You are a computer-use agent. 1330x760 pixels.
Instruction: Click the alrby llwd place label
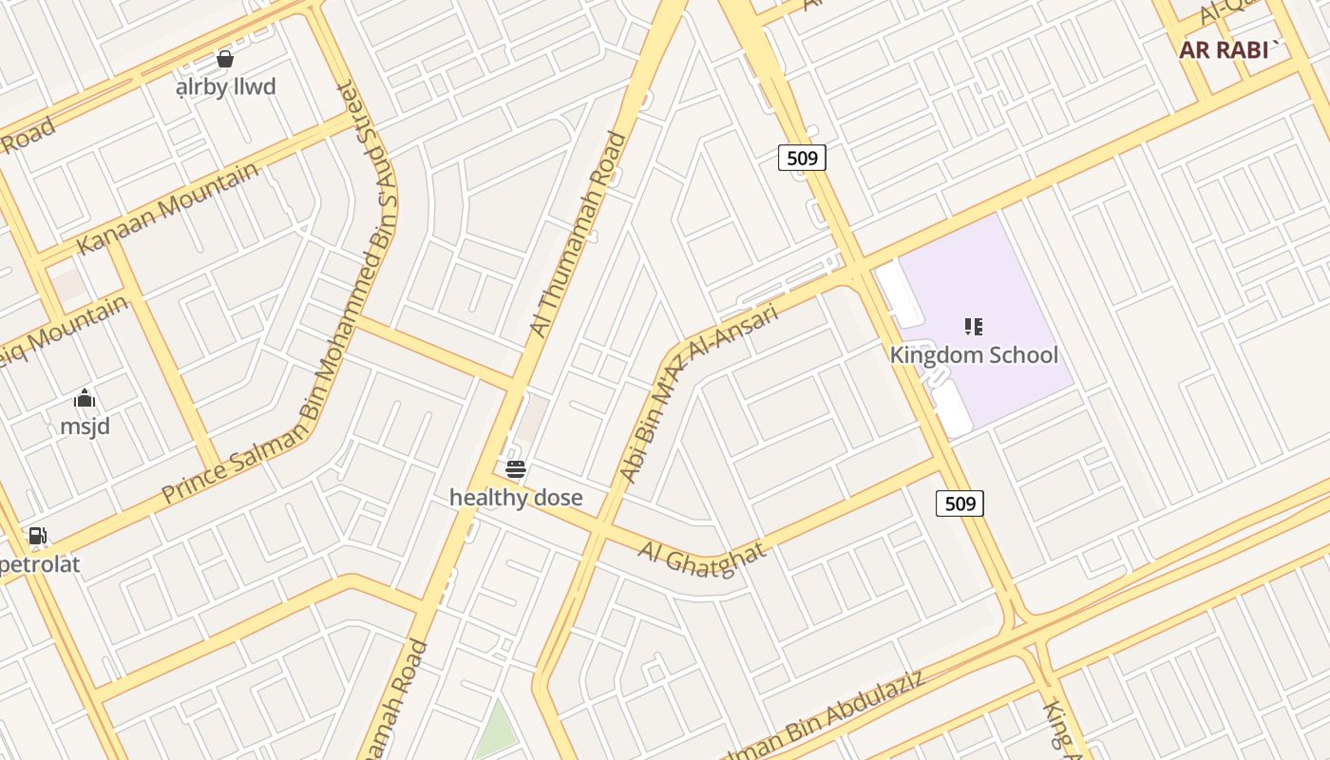pos(226,87)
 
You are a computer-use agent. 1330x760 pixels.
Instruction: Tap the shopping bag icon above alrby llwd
pos(225,59)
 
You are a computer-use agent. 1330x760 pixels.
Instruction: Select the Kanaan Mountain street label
pos(167,208)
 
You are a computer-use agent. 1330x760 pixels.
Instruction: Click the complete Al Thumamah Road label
pos(579,235)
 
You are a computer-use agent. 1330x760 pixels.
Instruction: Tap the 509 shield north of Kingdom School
pos(802,158)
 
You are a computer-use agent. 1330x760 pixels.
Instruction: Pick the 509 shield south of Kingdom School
pos(959,503)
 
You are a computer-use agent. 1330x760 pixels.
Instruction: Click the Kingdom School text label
pos(974,355)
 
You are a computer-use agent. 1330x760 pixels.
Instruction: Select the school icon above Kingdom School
pos(973,327)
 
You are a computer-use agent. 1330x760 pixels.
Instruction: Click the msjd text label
pos(85,427)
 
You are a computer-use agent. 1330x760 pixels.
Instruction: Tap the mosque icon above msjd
pos(85,398)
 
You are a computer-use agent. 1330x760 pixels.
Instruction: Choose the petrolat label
pos(40,565)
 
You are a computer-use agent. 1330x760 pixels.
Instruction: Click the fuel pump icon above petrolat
pos(37,537)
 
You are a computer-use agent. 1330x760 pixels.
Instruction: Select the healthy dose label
pos(516,498)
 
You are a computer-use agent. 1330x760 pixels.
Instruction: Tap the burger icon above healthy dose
pos(516,468)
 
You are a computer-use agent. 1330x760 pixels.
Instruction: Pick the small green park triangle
pos(496,731)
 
